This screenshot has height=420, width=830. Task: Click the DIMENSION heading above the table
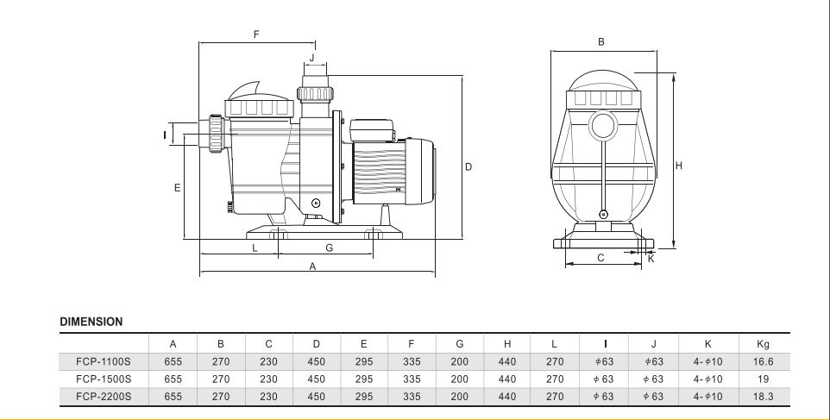pyautogui.click(x=91, y=322)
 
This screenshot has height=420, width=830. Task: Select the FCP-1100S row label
pyautogui.click(x=104, y=362)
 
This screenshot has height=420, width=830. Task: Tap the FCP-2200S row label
pyautogui.click(x=104, y=396)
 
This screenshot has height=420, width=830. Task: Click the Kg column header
pyautogui.click(x=763, y=344)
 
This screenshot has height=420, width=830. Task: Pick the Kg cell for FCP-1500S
pyautogui.click(x=763, y=379)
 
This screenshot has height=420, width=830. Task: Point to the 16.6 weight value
pyautogui.click(x=763, y=362)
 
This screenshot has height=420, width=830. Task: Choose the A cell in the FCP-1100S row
pyautogui.click(x=173, y=362)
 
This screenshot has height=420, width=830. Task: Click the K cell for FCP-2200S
pyautogui.click(x=707, y=396)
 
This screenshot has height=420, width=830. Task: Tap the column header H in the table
pyautogui.click(x=507, y=344)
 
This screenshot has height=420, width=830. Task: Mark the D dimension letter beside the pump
pyautogui.click(x=468, y=167)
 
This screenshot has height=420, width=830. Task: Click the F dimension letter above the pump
pyautogui.click(x=256, y=34)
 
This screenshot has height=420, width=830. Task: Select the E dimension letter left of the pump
pyautogui.click(x=178, y=188)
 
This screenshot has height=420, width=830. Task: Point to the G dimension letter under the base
pyautogui.click(x=330, y=248)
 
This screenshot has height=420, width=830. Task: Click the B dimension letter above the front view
pyautogui.click(x=600, y=41)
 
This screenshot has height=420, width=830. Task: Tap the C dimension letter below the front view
pyautogui.click(x=600, y=258)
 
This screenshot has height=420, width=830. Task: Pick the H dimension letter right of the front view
pyautogui.click(x=679, y=166)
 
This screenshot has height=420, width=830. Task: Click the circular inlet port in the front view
pyautogui.click(x=602, y=127)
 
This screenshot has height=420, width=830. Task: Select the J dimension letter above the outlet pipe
pyautogui.click(x=311, y=57)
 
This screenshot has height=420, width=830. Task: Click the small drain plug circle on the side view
pyautogui.click(x=316, y=203)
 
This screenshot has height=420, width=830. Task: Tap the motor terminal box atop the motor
pyautogui.click(x=374, y=130)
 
